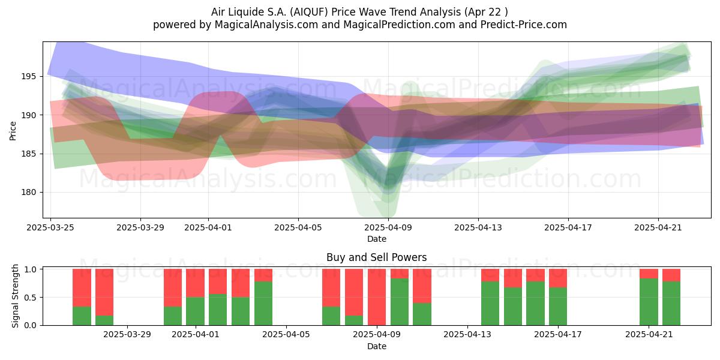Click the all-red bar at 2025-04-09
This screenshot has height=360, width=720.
pyautogui.click(x=377, y=297)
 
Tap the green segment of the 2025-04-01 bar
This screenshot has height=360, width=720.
pyautogui.click(x=195, y=311)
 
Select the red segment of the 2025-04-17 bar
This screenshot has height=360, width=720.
pyautogui.click(x=557, y=278)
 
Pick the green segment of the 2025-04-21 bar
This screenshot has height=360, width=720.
pyautogui.click(x=649, y=302)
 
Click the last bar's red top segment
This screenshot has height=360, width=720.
pyautogui.click(x=671, y=275)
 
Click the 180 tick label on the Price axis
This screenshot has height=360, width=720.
pyautogui.click(x=29, y=192)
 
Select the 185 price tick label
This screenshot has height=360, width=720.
pyautogui.click(x=29, y=154)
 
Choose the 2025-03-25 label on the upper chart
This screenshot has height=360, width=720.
pyautogui.click(x=50, y=227)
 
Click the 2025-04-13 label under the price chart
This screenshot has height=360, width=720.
pyautogui.click(x=478, y=227)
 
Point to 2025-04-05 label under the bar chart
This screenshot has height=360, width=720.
pyautogui.click(x=286, y=334)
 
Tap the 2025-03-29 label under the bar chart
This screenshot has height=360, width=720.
pyautogui.click(x=127, y=334)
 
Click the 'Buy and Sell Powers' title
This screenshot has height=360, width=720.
pyautogui.click(x=377, y=257)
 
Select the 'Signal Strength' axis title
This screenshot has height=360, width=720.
pyautogui.click(x=15, y=296)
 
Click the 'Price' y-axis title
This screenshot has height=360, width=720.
pyautogui.click(x=13, y=131)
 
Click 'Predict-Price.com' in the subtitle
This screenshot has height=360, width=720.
pyautogui.click(x=524, y=25)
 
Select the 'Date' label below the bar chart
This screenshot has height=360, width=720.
pyautogui.click(x=377, y=346)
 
